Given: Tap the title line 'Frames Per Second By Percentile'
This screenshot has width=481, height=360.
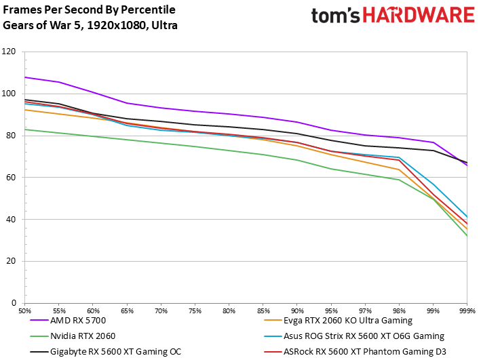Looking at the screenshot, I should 89,10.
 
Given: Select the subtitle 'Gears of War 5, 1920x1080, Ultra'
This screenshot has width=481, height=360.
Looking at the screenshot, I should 90,25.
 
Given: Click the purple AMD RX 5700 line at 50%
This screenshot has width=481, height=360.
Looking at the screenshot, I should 25,77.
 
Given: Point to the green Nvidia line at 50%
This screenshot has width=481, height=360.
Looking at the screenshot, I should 25,129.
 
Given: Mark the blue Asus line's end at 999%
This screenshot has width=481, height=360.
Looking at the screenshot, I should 467,217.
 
